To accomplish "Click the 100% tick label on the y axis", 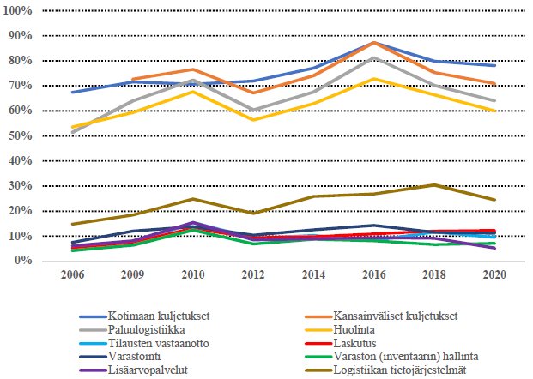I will tap(17, 11).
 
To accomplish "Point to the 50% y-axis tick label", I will tap(20, 136).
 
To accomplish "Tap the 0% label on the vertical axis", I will tap(23, 261).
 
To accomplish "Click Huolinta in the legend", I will tap(349, 328).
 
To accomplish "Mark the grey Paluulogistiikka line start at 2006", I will tap(72, 133).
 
